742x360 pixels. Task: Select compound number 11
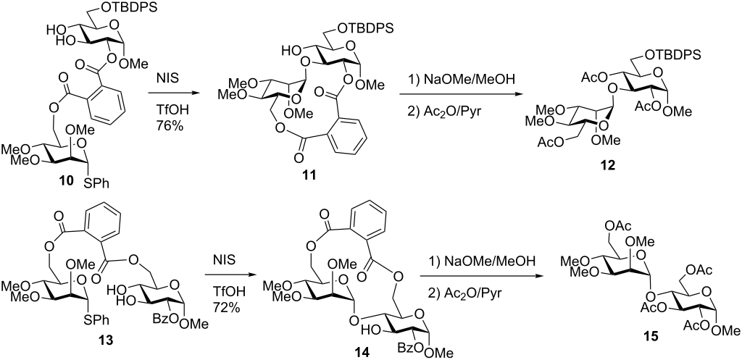point(309,175)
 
